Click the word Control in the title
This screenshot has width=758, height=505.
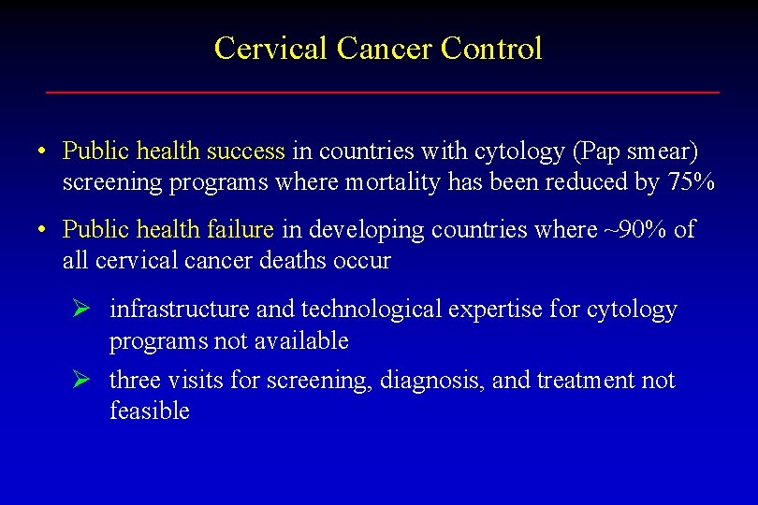pos(491,48)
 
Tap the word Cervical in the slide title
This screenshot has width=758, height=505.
pos(271,48)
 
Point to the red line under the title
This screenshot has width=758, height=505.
pos(383,93)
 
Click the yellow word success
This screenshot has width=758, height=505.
pos(245,151)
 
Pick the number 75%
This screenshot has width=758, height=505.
pos(692,182)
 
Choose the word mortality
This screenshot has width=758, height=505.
pos(393,182)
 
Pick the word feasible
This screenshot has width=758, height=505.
pos(150,411)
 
